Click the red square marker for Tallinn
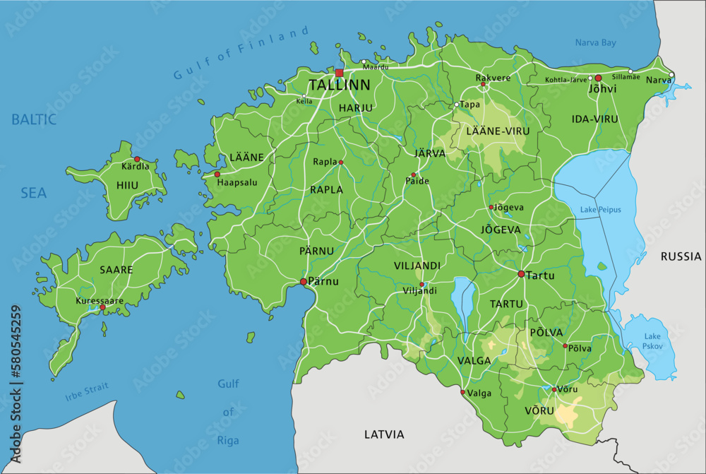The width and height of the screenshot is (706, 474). [340, 73]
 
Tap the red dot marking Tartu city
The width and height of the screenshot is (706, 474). [521, 274]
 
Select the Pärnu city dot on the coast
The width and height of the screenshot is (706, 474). [304, 282]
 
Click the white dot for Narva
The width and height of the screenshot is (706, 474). [671, 75]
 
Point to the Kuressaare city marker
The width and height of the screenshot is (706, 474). [102, 307]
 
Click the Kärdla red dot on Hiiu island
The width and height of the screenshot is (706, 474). [137, 160]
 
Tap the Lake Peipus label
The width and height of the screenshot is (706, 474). [600, 210]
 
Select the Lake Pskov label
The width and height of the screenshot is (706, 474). [652, 341]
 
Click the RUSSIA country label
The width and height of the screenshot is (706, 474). [681, 256]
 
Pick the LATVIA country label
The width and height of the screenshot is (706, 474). [384, 434]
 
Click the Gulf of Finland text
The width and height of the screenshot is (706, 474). [241, 54]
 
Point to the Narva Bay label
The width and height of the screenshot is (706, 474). [595, 43]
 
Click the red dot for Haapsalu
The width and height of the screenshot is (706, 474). [217, 174]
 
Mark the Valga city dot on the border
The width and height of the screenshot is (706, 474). [462, 392]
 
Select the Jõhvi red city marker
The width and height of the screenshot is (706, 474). [598, 78]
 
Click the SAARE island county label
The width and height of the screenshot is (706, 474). [116, 270]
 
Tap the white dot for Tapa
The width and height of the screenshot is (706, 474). [457, 105]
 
